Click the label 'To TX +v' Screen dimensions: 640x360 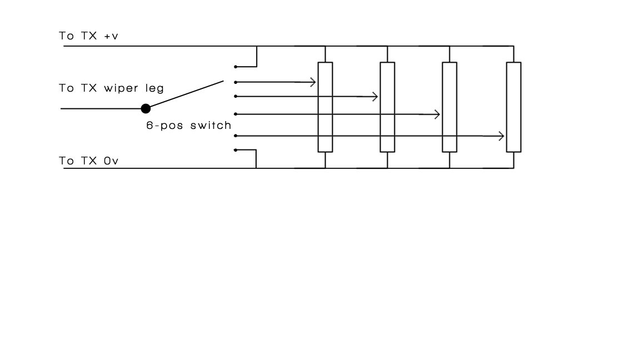point(88,36)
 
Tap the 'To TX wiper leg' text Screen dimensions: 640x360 point(112,88)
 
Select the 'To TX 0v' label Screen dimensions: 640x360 point(88,161)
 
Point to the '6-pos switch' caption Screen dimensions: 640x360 point(188,126)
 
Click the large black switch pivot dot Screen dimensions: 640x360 point(146,108)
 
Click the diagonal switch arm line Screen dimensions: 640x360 point(187,94)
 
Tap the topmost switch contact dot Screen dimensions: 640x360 point(236,67)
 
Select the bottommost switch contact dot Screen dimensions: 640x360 point(236,150)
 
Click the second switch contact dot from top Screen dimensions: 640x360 point(236,82)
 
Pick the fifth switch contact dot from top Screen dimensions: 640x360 point(236,136)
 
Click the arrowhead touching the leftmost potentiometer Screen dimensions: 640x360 point(313,82)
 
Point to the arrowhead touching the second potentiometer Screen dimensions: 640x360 point(375,97)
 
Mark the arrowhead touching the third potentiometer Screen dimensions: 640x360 point(437,114)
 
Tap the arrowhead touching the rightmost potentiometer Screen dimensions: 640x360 point(501,136)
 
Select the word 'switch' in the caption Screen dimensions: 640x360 point(211,125)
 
